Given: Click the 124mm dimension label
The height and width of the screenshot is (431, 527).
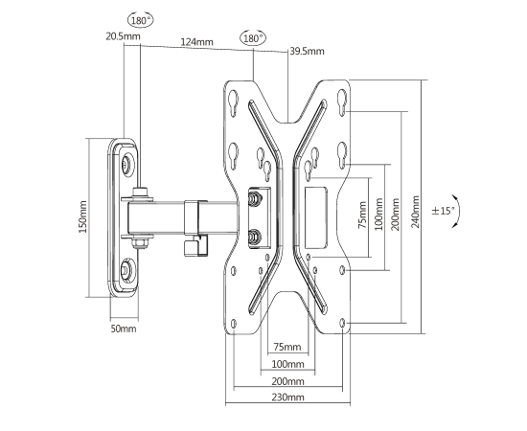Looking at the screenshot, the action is (x=197, y=42).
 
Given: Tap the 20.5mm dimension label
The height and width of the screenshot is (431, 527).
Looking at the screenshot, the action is (x=123, y=36).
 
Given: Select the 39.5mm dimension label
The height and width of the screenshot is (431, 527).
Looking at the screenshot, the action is (x=308, y=51).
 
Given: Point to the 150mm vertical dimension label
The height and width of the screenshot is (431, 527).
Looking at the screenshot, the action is (x=82, y=216).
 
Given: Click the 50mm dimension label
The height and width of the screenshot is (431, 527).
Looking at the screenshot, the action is (x=124, y=329).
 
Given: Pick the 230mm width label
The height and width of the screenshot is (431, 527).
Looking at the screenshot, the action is (x=287, y=397).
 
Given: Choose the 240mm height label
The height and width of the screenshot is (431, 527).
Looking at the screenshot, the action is (x=416, y=212).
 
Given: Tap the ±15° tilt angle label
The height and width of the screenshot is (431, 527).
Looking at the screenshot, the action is (x=443, y=211).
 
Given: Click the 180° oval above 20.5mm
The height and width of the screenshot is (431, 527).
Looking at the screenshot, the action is (x=141, y=20).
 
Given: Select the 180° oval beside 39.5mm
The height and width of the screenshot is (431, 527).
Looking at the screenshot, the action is (x=253, y=38).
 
